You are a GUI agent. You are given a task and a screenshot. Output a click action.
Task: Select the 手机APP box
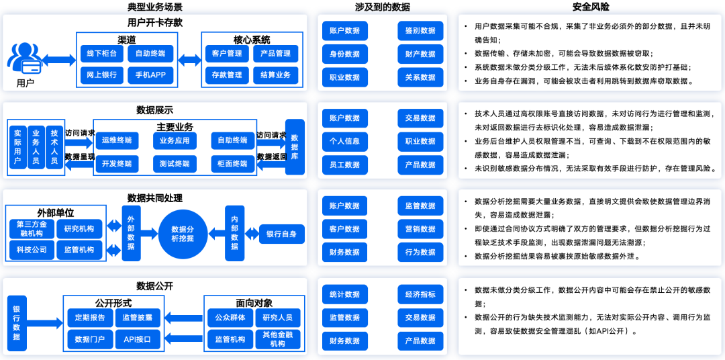click(x=150, y=75)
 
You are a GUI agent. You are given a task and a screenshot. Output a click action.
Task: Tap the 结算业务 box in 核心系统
click(x=275, y=75)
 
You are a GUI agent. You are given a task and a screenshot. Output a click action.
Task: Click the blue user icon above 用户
click(x=24, y=58)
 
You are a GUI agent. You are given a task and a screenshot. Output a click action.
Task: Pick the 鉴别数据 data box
click(x=420, y=31)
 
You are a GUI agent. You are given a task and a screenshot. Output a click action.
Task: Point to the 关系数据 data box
click(x=420, y=77)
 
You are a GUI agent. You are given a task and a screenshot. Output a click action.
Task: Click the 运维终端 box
click(x=117, y=140)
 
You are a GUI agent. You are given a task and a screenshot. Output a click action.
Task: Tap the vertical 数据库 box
click(x=295, y=146)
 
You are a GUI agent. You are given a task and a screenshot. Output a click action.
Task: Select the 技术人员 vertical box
click(x=54, y=146)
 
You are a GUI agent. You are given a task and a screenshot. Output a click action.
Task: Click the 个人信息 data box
click(x=344, y=141)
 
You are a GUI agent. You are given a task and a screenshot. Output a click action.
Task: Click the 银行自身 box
click(x=281, y=234)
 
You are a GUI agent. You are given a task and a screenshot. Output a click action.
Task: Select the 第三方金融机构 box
click(x=32, y=228)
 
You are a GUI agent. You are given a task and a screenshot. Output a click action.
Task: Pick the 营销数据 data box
click(x=420, y=229)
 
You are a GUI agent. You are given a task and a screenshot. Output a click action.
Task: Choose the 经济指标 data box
click(x=420, y=294)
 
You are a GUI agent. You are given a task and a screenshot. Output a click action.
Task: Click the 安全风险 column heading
click(x=591, y=7)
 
